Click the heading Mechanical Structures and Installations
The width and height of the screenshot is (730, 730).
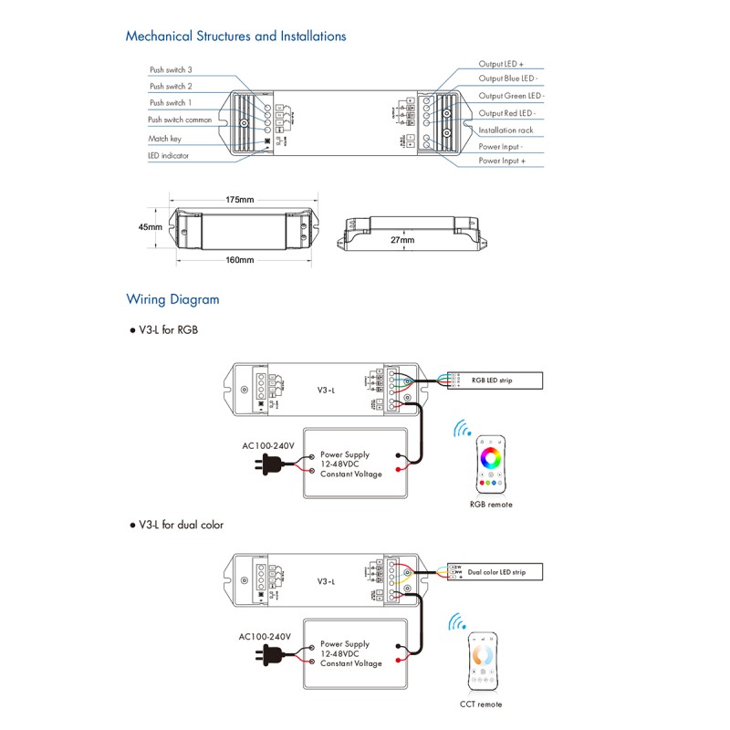coord(235,36)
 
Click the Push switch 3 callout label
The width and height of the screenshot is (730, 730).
coord(171,69)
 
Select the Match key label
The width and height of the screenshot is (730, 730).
coord(165,139)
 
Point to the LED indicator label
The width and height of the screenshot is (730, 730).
coord(168,156)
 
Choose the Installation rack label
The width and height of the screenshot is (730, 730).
coord(506,130)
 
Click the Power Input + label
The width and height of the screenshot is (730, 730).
coord(508,161)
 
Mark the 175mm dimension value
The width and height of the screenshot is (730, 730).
coord(240,199)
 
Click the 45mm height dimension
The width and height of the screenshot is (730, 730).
coord(151,226)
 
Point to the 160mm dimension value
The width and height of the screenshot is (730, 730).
coord(239,260)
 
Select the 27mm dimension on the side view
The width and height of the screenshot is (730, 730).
coord(401,240)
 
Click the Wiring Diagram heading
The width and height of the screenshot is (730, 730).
coord(172,298)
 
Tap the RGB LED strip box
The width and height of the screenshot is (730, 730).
coord(497,379)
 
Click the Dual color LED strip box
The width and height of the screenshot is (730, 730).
coord(497,572)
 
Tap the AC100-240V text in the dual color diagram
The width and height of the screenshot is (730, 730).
coord(265,636)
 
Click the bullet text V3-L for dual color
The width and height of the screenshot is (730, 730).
coord(181,525)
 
